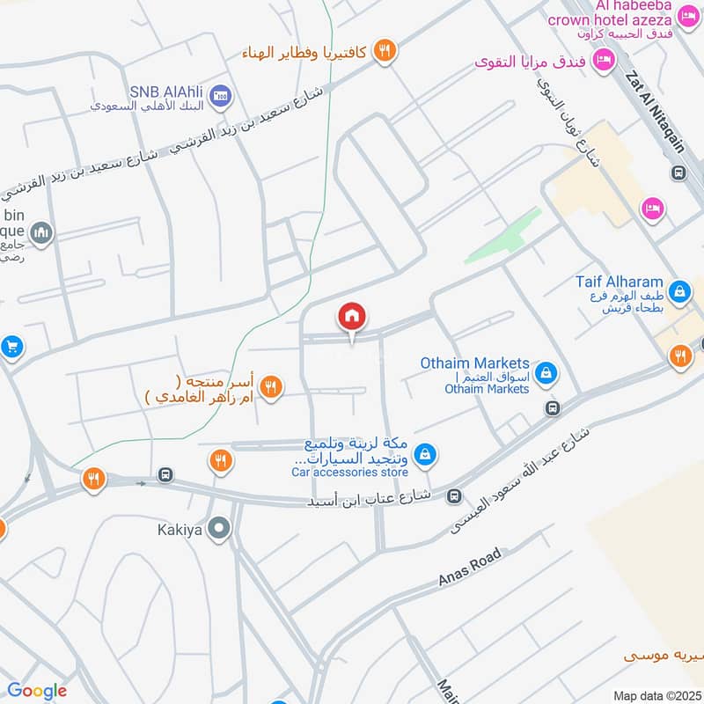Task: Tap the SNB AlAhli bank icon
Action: click(x=222, y=96)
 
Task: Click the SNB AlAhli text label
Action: click(x=168, y=90)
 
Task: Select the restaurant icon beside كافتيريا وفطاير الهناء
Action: click(x=383, y=51)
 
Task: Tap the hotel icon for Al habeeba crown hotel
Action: click(x=687, y=15)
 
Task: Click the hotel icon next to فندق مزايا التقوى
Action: click(x=603, y=60)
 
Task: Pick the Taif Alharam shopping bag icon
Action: click(x=678, y=289)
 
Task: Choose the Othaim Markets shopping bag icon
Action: click(x=546, y=374)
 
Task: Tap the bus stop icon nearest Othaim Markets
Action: click(x=553, y=408)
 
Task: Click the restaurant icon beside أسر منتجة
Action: click(x=271, y=385)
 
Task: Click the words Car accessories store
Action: click(x=349, y=473)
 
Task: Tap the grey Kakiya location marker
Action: click(x=220, y=529)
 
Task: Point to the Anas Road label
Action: click(x=470, y=568)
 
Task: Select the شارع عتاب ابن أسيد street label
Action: click(x=369, y=499)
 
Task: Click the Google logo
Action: click(x=37, y=691)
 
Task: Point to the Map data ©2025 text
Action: click(x=656, y=695)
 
